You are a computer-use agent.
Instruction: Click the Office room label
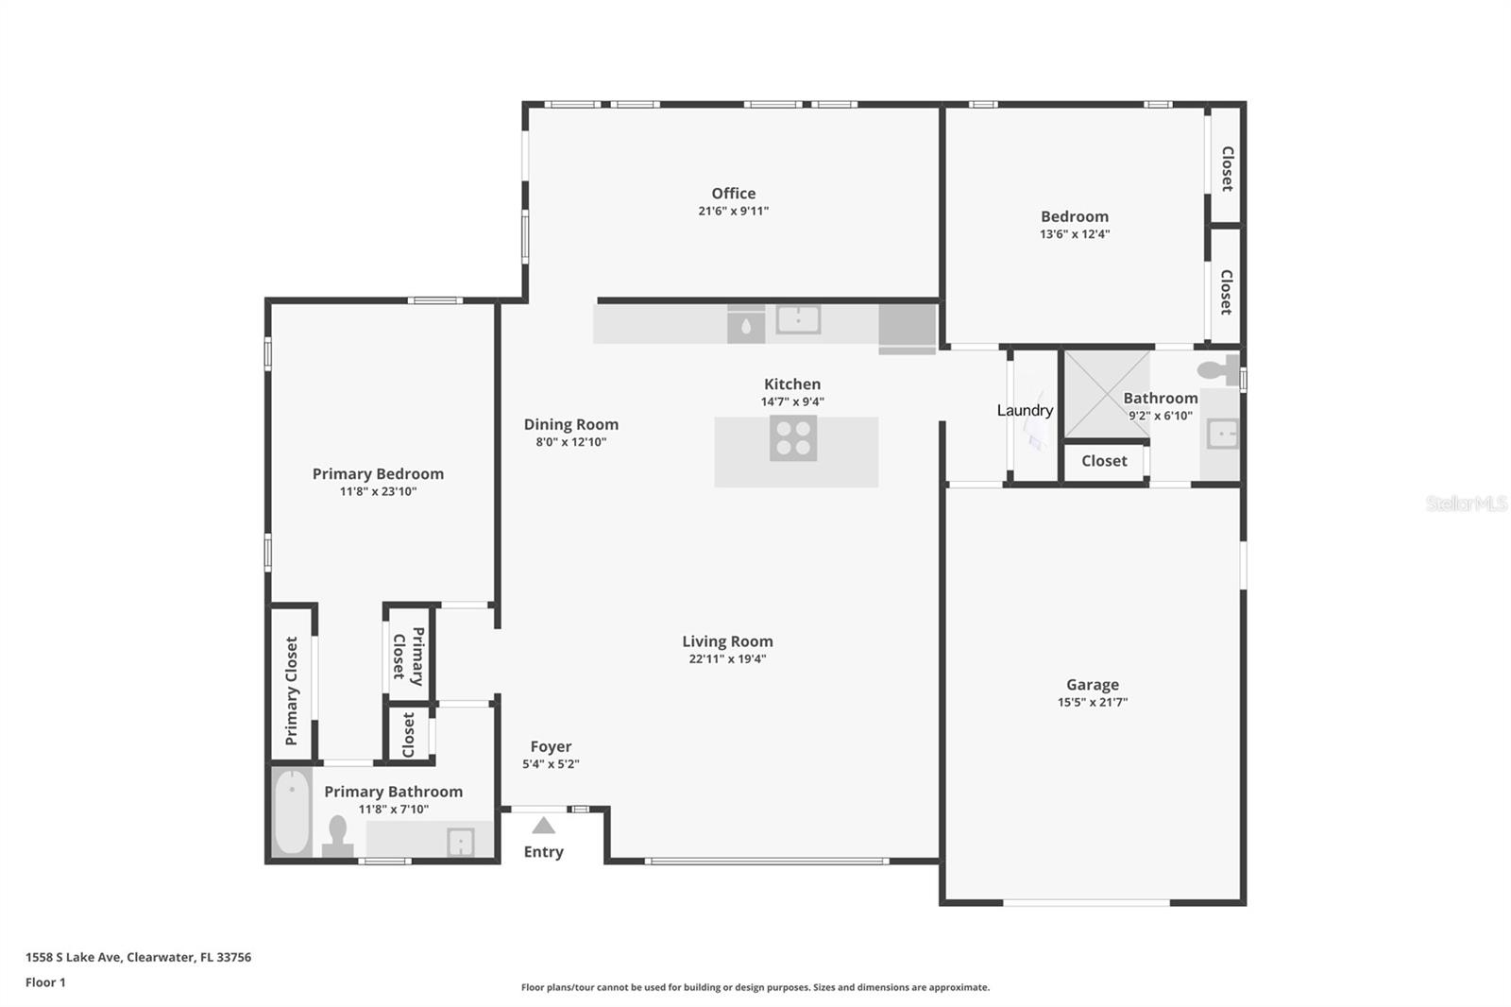click(733, 194)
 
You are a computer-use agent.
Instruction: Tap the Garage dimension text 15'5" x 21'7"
click(1093, 702)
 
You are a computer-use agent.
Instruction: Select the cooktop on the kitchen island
click(793, 438)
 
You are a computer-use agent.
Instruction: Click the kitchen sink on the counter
click(798, 319)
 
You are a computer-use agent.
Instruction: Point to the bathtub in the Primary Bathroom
click(292, 811)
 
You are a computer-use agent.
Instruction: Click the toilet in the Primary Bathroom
click(337, 836)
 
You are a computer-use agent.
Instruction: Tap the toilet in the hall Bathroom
click(1218, 368)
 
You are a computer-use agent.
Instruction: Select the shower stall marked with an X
click(1106, 394)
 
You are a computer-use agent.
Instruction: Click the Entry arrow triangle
click(543, 827)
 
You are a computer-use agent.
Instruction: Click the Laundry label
click(1025, 410)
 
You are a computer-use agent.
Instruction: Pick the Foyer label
click(551, 746)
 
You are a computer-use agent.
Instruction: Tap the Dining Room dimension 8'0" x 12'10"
click(571, 442)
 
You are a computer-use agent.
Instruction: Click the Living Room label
click(727, 641)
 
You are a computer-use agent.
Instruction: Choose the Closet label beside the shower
click(1104, 461)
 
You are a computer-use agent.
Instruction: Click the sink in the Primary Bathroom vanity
click(460, 841)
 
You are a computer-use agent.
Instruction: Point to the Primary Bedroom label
click(378, 473)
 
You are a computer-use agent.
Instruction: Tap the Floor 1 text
click(45, 982)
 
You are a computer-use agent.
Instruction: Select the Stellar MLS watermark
click(1466, 503)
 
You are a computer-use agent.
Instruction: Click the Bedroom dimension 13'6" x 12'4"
click(1075, 234)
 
